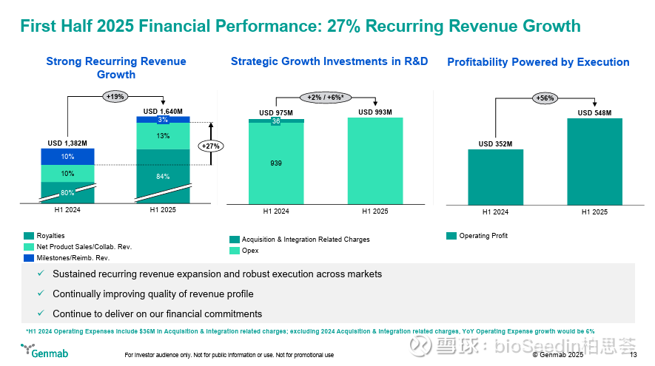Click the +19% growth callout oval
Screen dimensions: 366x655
(x=115, y=95)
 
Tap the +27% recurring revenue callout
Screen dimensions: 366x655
(x=212, y=146)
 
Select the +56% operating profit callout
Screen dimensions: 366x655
(x=544, y=98)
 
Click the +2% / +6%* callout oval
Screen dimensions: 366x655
(x=326, y=98)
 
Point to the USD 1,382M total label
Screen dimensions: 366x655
(x=67, y=142)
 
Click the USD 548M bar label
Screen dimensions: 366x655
(x=594, y=112)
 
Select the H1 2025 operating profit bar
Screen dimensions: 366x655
(x=594, y=161)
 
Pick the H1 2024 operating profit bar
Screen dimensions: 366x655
(x=495, y=177)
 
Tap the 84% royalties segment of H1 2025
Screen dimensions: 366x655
(x=163, y=176)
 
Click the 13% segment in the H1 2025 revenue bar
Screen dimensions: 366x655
(x=163, y=136)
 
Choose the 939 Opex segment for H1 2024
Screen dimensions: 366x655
(x=275, y=163)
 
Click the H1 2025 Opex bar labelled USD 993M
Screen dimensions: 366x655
(x=374, y=160)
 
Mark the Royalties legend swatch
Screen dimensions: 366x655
(x=28, y=236)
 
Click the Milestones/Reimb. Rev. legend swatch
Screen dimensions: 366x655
(x=28, y=257)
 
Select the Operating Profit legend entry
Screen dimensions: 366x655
(x=477, y=236)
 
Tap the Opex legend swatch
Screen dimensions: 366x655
(x=234, y=251)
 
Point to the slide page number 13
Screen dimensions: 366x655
(x=634, y=355)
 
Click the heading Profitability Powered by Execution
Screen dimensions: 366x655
(x=538, y=62)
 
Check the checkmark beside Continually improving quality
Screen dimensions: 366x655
(x=42, y=294)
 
